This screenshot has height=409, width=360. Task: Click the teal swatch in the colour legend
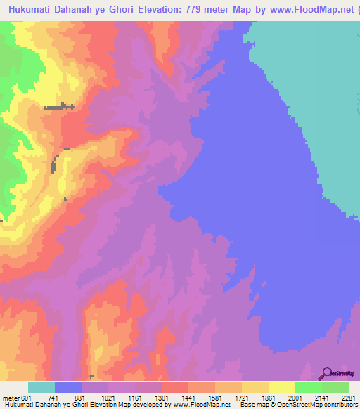point(41,387)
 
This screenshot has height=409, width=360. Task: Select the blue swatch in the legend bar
point(68,387)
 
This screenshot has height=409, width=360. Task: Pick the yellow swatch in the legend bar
point(282,387)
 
